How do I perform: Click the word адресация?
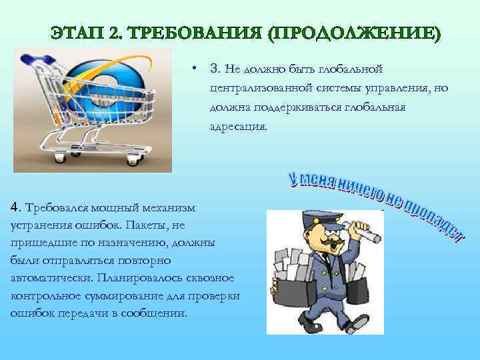(237, 126)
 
